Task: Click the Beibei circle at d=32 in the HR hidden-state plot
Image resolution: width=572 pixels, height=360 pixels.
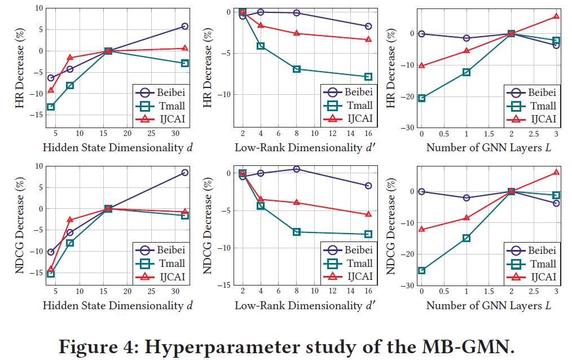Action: click(184, 27)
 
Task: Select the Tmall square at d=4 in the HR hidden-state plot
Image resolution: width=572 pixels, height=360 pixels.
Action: click(51, 107)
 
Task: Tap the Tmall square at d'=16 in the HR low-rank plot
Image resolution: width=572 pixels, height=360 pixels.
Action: click(368, 77)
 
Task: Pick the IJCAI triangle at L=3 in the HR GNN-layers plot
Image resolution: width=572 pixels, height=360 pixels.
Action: click(556, 16)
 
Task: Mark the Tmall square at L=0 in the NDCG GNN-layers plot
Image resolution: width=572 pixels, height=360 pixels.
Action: click(421, 271)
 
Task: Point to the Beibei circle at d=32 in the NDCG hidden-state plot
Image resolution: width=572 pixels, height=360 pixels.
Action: click(184, 173)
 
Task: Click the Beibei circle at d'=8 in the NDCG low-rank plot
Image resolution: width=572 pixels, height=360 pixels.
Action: click(297, 169)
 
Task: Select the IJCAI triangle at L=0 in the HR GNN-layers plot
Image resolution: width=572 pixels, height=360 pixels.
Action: click(421, 66)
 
